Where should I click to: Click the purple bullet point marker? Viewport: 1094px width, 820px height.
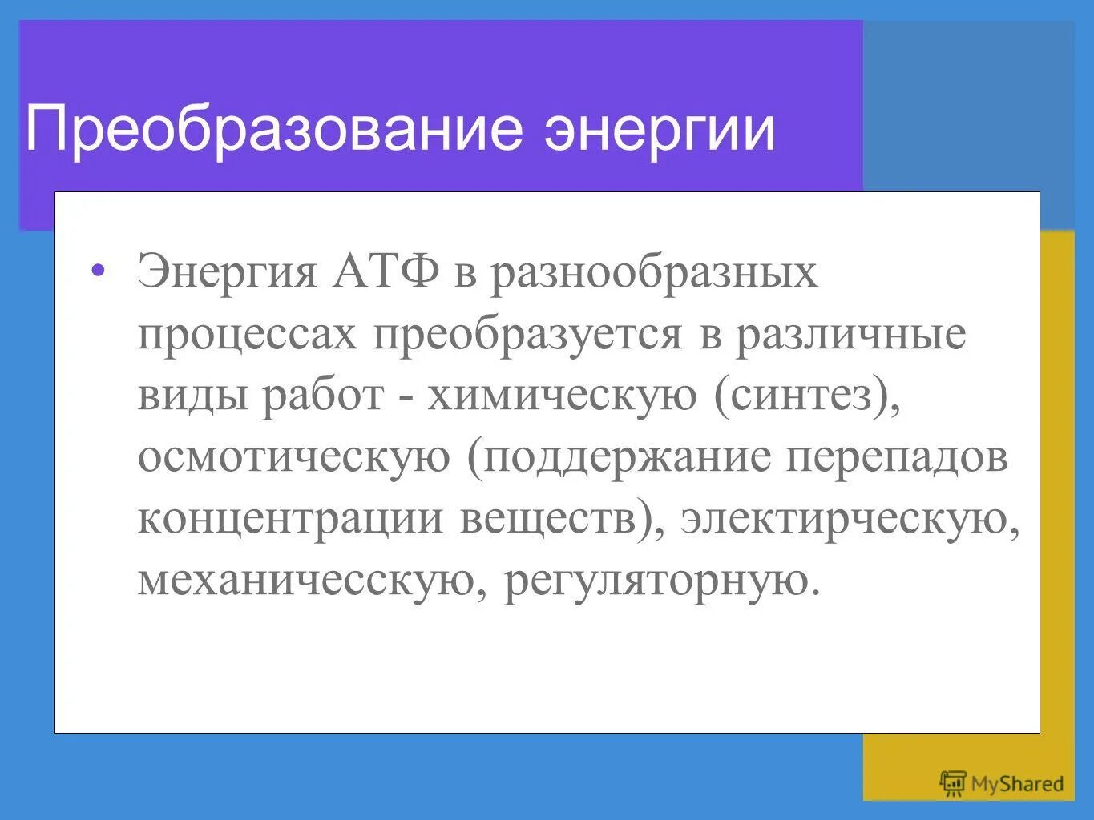(x=97, y=270)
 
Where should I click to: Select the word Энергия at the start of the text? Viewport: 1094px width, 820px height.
(x=228, y=272)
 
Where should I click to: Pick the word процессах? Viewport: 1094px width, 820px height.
(x=247, y=335)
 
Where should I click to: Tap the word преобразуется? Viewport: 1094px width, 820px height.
(x=527, y=335)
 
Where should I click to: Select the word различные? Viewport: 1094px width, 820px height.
(x=851, y=333)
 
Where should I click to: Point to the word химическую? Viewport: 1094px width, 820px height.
(x=562, y=395)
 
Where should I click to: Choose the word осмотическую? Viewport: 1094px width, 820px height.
(x=293, y=457)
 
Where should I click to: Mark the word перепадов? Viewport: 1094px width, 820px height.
(x=896, y=457)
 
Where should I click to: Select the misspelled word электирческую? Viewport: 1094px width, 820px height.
(x=845, y=518)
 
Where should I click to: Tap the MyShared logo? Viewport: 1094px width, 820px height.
(x=1001, y=782)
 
